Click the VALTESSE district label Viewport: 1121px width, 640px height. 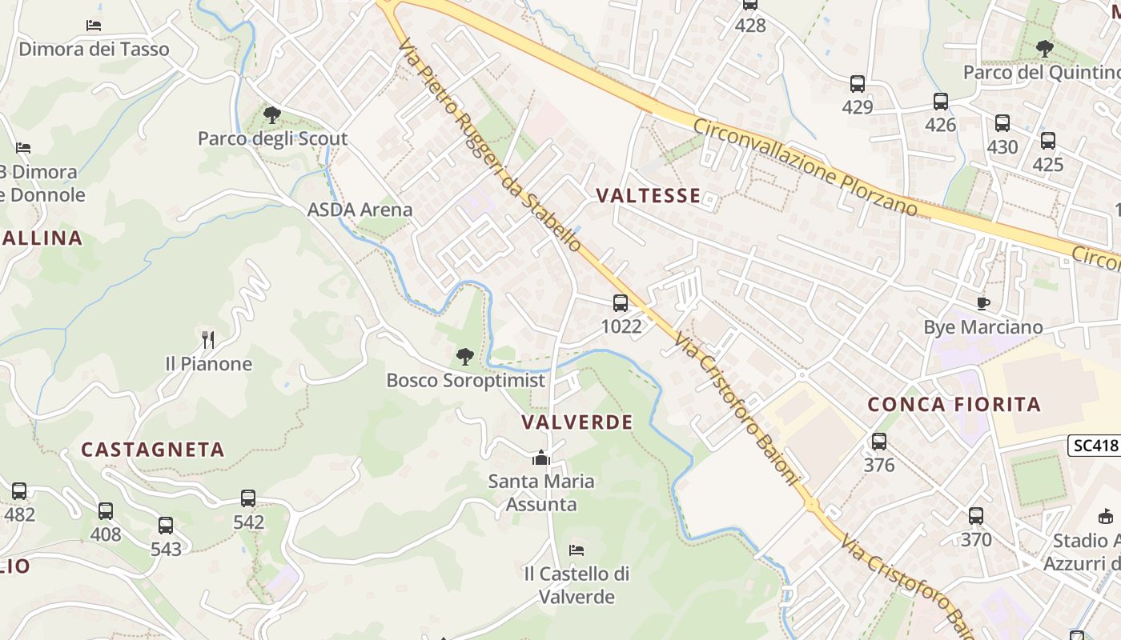pyautogui.click(x=649, y=196)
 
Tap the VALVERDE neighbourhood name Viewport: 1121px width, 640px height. pyautogui.click(x=577, y=422)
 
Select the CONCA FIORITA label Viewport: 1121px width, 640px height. pyautogui.click(x=954, y=405)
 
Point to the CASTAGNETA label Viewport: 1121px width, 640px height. pyautogui.click(x=152, y=450)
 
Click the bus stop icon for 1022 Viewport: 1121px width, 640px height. pyautogui.click(x=621, y=303)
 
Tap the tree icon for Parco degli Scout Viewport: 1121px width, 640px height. pyautogui.click(x=272, y=114)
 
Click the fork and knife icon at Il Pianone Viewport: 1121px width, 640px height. pyautogui.click(x=208, y=340)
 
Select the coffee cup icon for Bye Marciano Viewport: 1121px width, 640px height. pyautogui.click(x=982, y=303)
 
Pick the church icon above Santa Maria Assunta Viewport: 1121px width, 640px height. pyautogui.click(x=541, y=458)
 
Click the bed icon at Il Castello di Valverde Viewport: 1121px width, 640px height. pyautogui.click(x=576, y=550)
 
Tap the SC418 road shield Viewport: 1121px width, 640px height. pyautogui.click(x=1094, y=446)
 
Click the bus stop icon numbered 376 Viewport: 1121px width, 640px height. pyautogui.click(x=878, y=441)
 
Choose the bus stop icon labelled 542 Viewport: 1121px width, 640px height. pyautogui.click(x=248, y=498)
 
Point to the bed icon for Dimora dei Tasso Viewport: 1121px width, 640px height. pyautogui.click(x=94, y=26)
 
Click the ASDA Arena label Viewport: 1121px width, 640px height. pyautogui.click(x=360, y=210)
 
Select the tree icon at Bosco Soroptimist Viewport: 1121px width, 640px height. pyautogui.click(x=464, y=357)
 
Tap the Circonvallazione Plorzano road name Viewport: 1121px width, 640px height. pyautogui.click(x=805, y=167)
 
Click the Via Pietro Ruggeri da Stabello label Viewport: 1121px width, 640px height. pyautogui.click(x=488, y=144)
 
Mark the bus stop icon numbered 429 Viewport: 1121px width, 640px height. pyautogui.click(x=857, y=83)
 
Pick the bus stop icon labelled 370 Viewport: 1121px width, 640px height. pyautogui.click(x=975, y=516)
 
